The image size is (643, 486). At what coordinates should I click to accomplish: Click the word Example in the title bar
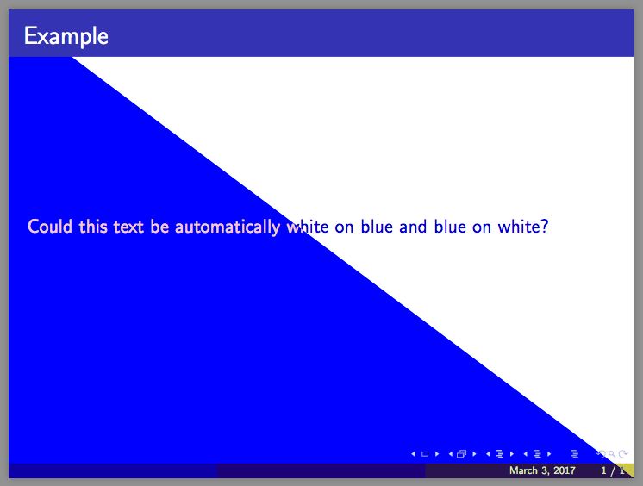(66, 36)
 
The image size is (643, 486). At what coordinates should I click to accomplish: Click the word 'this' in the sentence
(92, 227)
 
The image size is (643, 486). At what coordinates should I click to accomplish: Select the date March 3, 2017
(542, 470)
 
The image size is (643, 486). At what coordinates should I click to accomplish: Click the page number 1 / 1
(612, 470)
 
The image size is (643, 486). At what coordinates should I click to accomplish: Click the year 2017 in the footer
(563, 470)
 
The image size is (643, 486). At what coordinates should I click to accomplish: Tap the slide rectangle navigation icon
(425, 453)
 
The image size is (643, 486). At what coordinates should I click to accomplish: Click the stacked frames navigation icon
(462, 453)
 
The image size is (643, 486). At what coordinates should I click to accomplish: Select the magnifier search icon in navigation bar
(612, 453)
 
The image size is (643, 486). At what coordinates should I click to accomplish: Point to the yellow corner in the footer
(628, 470)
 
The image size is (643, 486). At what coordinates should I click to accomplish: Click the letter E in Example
(30, 36)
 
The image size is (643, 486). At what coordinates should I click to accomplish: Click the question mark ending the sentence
(546, 227)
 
